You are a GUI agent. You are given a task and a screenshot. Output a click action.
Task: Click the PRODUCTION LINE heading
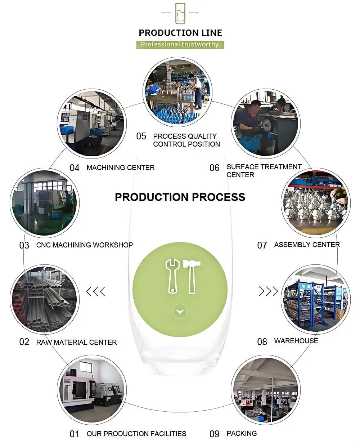pyautogui.click(x=180, y=33)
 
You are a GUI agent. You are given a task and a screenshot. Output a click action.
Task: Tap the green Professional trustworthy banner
pyautogui.click(x=180, y=44)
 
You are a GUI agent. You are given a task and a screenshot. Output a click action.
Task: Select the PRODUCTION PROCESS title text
pyautogui.click(x=180, y=197)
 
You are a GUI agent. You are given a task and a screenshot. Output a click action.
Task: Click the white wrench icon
pyautogui.click(x=172, y=276)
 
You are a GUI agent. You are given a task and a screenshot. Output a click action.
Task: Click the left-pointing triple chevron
pyautogui.click(x=96, y=291)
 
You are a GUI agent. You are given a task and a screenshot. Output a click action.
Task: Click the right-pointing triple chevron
pyautogui.click(x=269, y=291)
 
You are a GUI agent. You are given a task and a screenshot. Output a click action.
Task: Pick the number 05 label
pyautogui.click(x=141, y=136)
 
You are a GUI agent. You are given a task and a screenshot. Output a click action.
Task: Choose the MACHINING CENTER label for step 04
pyautogui.click(x=121, y=167)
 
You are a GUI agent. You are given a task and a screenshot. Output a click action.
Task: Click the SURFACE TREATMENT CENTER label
pyautogui.click(x=264, y=171)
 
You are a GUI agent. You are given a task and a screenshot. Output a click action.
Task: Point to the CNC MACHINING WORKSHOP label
pyautogui.click(x=85, y=245)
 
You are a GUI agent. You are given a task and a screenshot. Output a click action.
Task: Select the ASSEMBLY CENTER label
pyautogui.click(x=307, y=245)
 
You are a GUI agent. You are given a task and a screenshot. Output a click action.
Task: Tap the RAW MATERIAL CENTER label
pyautogui.click(x=77, y=342)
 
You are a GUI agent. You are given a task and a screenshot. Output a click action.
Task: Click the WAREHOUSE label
pyautogui.click(x=296, y=341)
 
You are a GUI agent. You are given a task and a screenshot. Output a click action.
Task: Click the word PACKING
pyautogui.click(x=242, y=433)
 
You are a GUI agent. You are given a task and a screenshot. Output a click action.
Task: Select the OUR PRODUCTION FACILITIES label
pyautogui.click(x=136, y=434)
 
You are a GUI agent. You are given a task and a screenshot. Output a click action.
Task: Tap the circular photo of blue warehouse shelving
pyautogui.click(x=315, y=299)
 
